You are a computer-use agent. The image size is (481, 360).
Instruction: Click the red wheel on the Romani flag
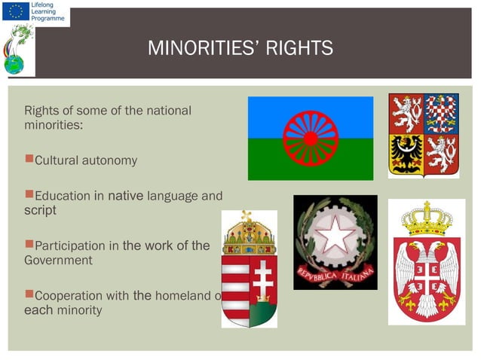pyautogui.click(x=310, y=138)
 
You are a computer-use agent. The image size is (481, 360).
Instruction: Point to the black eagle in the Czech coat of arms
pyautogui.click(x=406, y=154)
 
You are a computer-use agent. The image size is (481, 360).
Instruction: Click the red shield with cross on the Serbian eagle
pyautogui.click(x=426, y=276)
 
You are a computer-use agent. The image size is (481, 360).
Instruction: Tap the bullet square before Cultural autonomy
pyautogui.click(x=29, y=159)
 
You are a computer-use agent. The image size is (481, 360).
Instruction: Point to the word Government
pyautogui.click(x=59, y=261)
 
